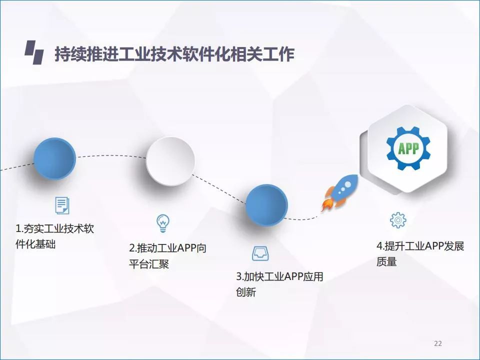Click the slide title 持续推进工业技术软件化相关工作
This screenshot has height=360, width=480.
pyautogui.click(x=174, y=54)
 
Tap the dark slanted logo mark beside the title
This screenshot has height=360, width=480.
pyautogui.click(x=34, y=52)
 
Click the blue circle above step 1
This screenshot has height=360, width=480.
pyautogui.click(x=54, y=158)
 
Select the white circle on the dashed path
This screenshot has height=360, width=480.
pyautogui.click(x=170, y=160)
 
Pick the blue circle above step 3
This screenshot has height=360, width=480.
pyautogui.click(x=266, y=205)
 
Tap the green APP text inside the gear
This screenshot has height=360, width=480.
pyautogui.click(x=408, y=148)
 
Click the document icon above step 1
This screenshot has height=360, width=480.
pyautogui.click(x=62, y=205)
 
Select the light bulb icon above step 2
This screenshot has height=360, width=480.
pyautogui.click(x=162, y=223)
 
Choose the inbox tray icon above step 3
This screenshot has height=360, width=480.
pyautogui.click(x=260, y=253)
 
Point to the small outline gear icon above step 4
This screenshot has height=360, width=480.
pyautogui.click(x=398, y=220)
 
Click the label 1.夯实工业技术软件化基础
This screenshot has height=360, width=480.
pyautogui.click(x=55, y=236)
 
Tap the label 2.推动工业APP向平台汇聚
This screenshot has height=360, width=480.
pyautogui.click(x=168, y=256)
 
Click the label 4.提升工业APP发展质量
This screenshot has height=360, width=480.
pyautogui.click(x=420, y=254)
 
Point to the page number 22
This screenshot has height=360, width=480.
pyautogui.click(x=438, y=343)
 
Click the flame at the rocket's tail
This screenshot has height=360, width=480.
pyautogui.click(x=326, y=203)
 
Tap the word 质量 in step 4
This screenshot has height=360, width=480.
pyautogui.click(x=386, y=261)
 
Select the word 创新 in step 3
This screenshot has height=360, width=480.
pyautogui.click(x=246, y=292)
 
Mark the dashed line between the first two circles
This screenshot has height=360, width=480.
pyautogui.click(x=111, y=156)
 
